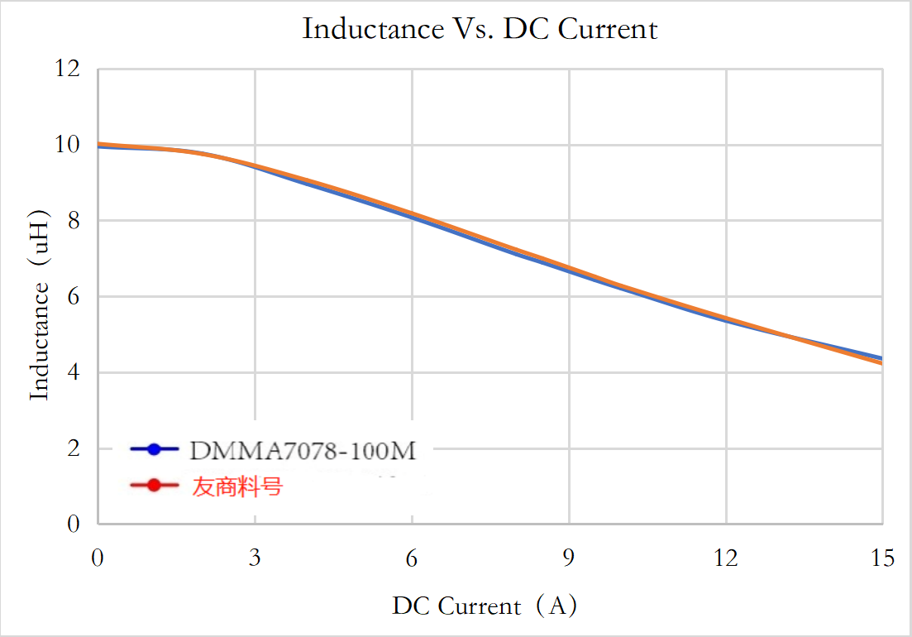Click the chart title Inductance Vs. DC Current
pyautogui.click(x=480, y=29)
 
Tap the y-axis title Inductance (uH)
pyautogui.click(x=40, y=307)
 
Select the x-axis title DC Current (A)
pyautogui.click(x=485, y=606)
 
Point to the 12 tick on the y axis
pyautogui.click(x=69, y=69)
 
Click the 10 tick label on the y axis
pyautogui.click(x=69, y=145)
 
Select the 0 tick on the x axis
pyautogui.click(x=98, y=558)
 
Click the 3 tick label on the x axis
pyautogui.click(x=255, y=558)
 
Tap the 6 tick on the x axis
pyautogui.click(x=412, y=558)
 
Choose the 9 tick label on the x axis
pyautogui.click(x=569, y=558)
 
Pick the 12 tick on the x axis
pyautogui.click(x=726, y=558)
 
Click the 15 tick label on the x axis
pyautogui.click(x=882, y=558)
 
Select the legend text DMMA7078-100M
pyautogui.click(x=302, y=451)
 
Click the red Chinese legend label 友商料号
pyautogui.click(x=237, y=486)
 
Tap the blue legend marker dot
pyautogui.click(x=154, y=450)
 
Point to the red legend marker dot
pyautogui.click(x=154, y=486)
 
